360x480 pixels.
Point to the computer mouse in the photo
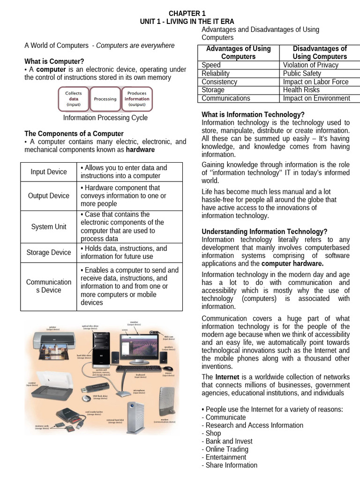167,368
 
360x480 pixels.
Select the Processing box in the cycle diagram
105,99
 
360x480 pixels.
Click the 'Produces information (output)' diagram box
137,99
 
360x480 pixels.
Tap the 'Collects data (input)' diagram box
73,99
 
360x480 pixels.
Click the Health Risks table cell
301,90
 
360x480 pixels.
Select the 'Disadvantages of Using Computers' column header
320,52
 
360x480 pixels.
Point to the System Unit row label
49,227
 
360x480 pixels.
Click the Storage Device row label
49,253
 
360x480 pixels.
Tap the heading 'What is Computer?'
54,61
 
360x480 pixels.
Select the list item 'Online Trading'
227,449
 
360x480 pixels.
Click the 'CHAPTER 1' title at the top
187,14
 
